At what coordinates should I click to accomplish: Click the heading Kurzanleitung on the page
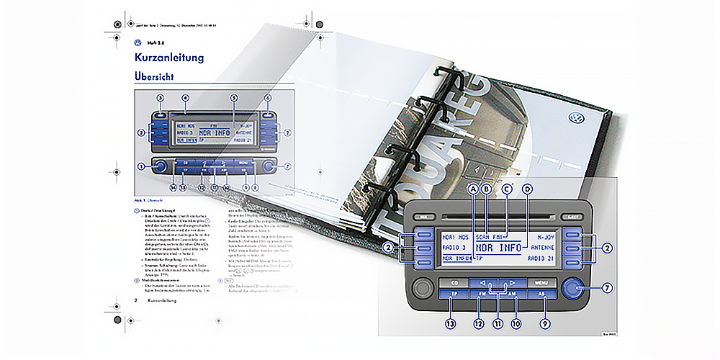click(169, 58)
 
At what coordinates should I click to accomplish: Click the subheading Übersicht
click(154, 76)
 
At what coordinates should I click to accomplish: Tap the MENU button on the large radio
click(541, 283)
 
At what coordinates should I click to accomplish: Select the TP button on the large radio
click(454, 295)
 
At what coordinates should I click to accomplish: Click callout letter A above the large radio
click(473, 189)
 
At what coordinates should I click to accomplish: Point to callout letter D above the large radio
click(527, 189)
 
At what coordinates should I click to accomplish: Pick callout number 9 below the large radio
click(546, 324)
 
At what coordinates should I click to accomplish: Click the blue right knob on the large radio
click(573, 289)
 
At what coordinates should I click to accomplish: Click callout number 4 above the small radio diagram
click(185, 97)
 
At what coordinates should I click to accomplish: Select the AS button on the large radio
click(542, 295)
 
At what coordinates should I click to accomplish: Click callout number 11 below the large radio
click(497, 324)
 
